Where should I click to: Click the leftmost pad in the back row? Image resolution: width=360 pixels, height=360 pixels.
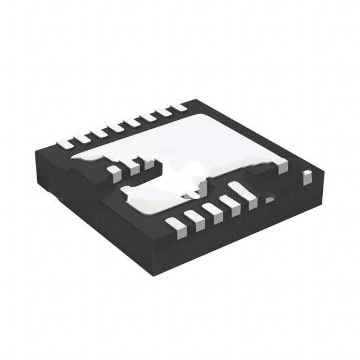pyautogui.click(x=65, y=143)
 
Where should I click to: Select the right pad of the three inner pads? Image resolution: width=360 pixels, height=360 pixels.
pyautogui.click(x=148, y=164)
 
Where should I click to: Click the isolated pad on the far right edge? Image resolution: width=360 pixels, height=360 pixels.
pyautogui.click(x=307, y=178)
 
